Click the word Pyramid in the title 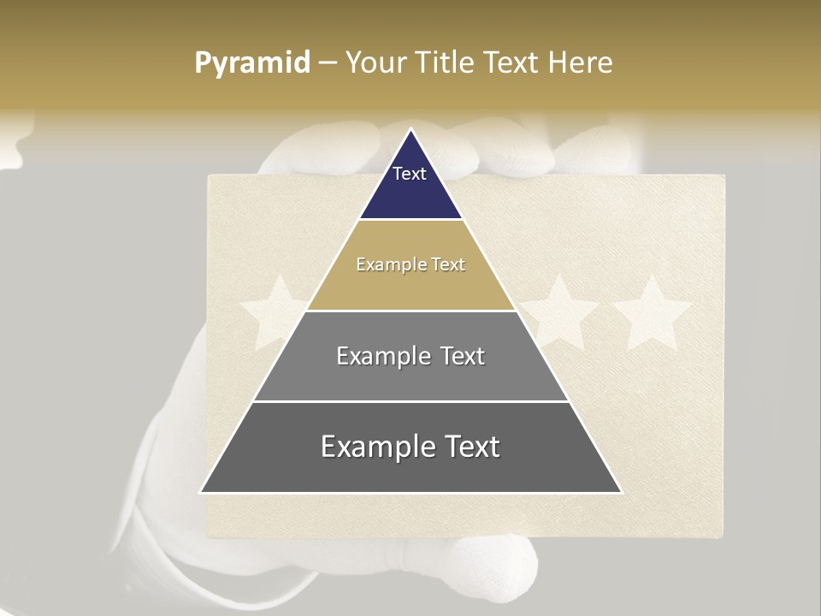coord(252,62)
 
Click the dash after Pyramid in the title coord(328,63)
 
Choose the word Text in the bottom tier coord(468,447)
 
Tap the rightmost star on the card coord(652,312)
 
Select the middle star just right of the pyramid coord(560,312)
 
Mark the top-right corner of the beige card coord(724,176)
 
